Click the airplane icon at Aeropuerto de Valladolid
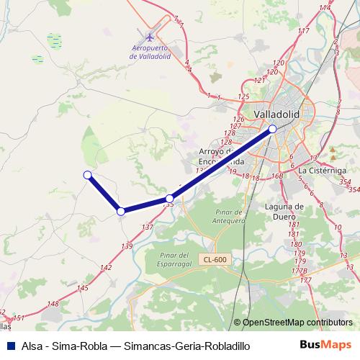pos(149,37)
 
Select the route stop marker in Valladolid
pos(272,129)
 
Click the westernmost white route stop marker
pos(87,174)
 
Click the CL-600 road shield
pos(215,259)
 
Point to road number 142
pos(107,267)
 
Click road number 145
pos(83,287)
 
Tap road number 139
pos(127,246)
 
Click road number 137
pos(148,227)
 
